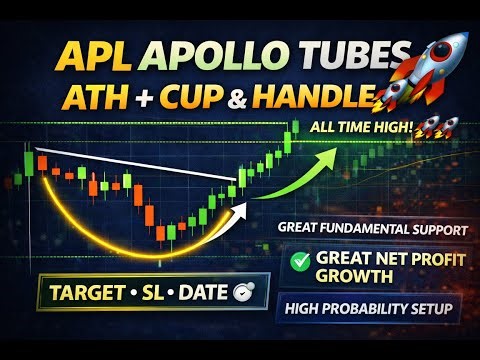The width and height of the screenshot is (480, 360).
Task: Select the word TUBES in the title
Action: point(346,55)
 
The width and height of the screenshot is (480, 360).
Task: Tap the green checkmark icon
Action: point(298,262)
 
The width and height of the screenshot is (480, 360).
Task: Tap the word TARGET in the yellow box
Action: point(84,298)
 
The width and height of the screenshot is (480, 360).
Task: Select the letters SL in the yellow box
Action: point(150,298)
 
